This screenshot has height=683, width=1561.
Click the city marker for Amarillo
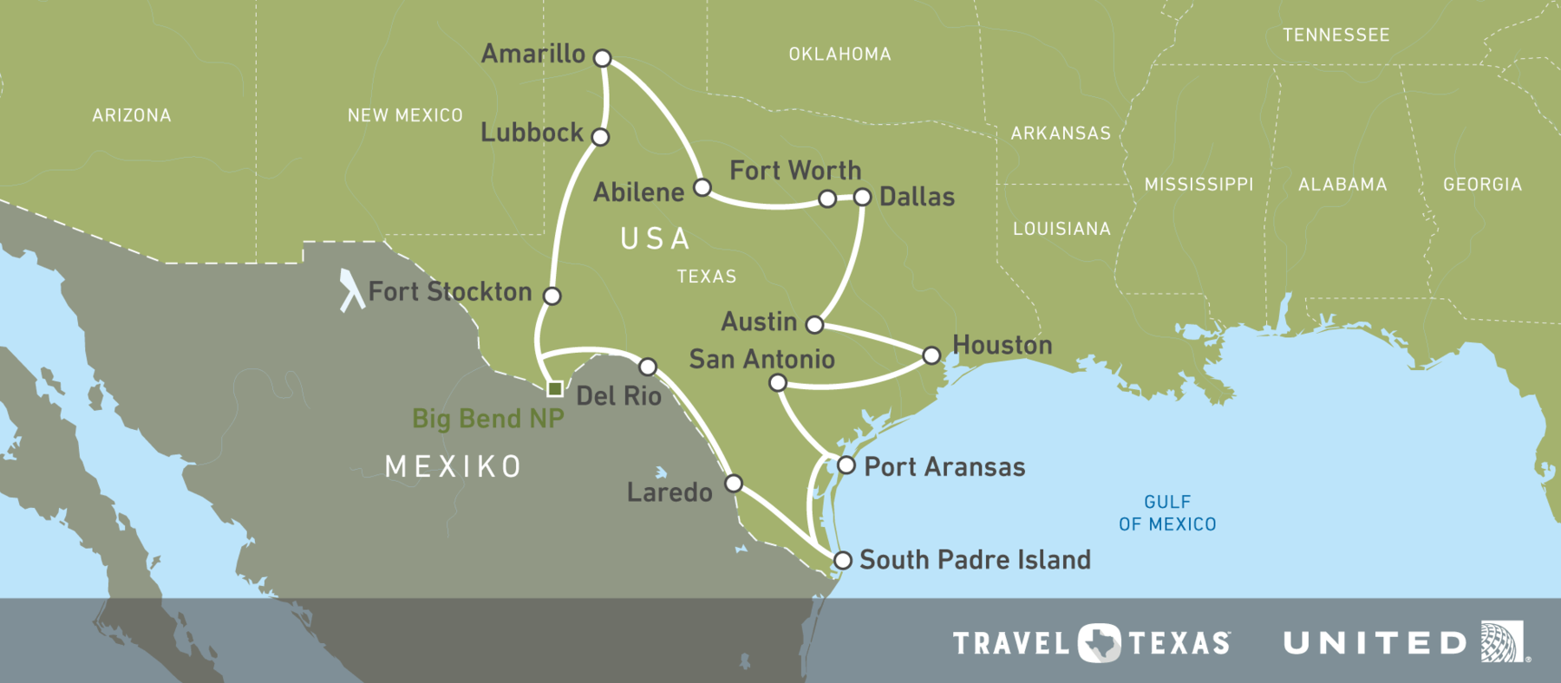[x=603, y=58]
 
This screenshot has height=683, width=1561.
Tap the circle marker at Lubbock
[x=600, y=136]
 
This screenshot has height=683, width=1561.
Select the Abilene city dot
[x=702, y=187]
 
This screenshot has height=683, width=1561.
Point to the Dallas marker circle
[x=862, y=197]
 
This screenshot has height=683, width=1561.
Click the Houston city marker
[x=931, y=355]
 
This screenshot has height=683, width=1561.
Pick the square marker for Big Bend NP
[x=555, y=388]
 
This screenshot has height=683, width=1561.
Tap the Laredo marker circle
[x=734, y=483]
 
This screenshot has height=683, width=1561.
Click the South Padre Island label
[x=975, y=560]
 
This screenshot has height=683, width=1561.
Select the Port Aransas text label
[x=944, y=467]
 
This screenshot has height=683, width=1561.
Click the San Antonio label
[x=761, y=359]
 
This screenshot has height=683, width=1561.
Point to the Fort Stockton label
[x=450, y=291]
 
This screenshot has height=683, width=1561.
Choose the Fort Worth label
[x=795, y=170]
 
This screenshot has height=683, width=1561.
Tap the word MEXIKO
[x=454, y=466]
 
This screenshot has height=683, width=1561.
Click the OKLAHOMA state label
[x=839, y=55]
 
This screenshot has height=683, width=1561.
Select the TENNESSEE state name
[x=1336, y=36]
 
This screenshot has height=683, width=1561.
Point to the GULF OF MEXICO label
[x=1167, y=513]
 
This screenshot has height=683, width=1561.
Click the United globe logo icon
[x=1502, y=641]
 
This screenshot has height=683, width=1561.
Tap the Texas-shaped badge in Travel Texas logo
[x=1099, y=643]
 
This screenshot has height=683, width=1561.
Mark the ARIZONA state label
[x=132, y=115]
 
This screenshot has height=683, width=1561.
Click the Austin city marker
[x=814, y=324]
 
